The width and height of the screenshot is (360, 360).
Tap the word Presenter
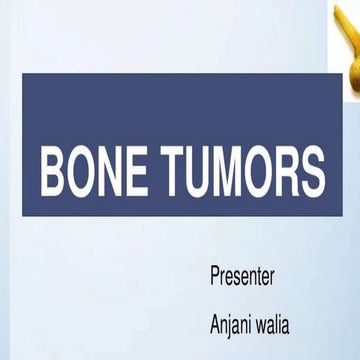pos(243,276)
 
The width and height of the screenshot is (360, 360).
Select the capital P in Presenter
pos(216,276)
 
